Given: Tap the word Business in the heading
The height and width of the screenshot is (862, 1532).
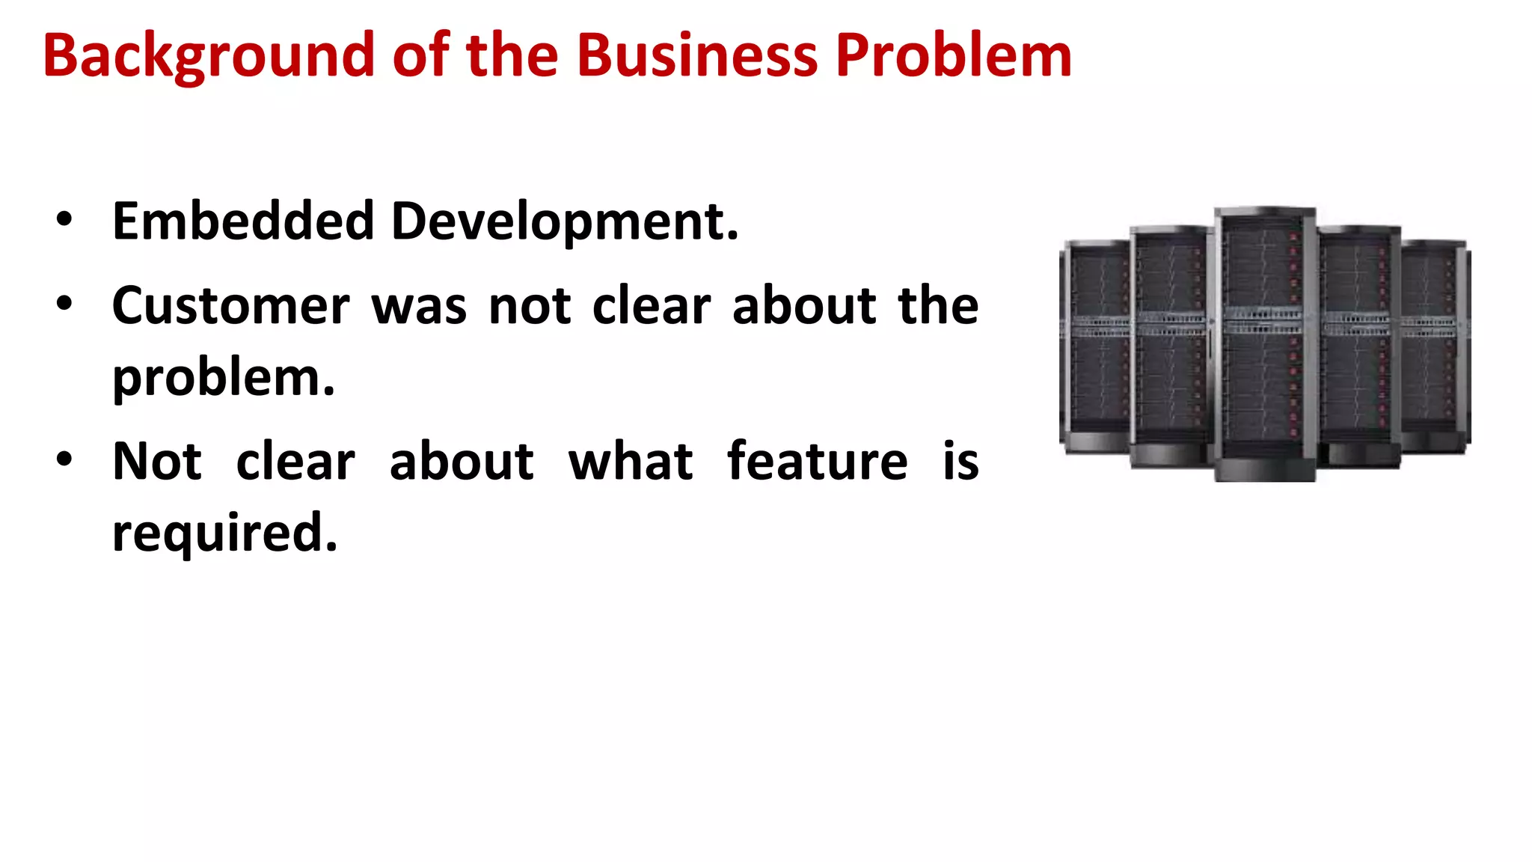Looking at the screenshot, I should point(696,55).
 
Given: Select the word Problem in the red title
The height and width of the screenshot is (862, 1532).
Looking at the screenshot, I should point(953,55).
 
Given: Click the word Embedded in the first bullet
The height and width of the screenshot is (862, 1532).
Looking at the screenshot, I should point(243,221).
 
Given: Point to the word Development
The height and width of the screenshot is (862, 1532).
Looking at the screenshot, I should point(565,223).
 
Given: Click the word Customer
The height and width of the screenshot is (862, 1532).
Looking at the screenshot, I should point(230,307).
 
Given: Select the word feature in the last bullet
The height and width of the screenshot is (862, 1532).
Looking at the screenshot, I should point(817,461).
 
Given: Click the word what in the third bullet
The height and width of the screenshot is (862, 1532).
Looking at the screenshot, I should point(630,462).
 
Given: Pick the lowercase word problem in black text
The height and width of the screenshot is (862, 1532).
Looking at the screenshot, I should point(223,379).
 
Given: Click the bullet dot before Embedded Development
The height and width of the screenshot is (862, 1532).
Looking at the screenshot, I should point(64,220).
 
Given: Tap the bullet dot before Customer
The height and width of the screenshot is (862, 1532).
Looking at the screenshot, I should point(64,304).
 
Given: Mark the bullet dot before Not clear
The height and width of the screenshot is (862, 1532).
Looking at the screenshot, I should point(64,459).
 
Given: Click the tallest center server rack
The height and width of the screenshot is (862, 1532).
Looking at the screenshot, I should point(1264,344).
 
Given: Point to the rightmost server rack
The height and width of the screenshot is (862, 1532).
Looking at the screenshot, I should point(1435,344).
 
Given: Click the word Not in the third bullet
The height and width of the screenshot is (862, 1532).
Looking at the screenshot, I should point(156,462).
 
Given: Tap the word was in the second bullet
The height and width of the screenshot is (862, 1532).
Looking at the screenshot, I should point(419,307).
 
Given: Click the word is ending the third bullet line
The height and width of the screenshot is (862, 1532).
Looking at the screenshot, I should point(960,461).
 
